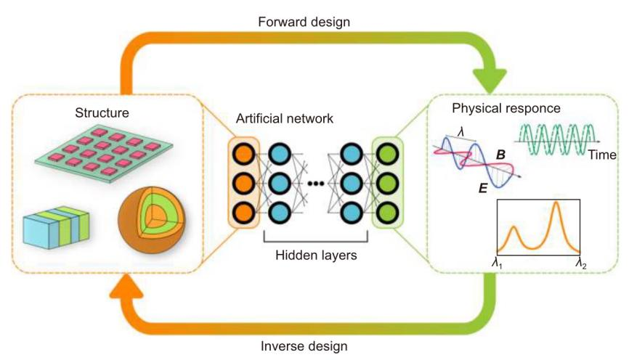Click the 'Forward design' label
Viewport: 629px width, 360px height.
(314, 22)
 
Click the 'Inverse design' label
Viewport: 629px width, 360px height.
(314, 345)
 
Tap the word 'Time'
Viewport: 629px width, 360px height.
(602, 155)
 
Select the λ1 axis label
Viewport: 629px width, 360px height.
(498, 263)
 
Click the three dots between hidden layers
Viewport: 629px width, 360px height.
(315, 184)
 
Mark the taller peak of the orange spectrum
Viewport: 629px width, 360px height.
(556, 205)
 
